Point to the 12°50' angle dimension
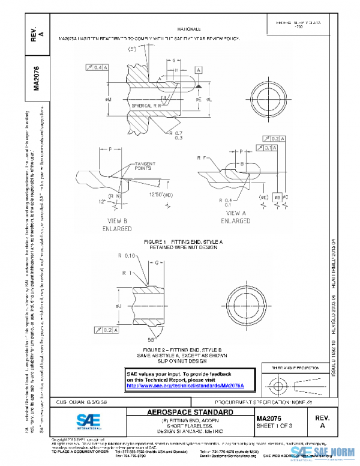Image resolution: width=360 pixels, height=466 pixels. [162, 195]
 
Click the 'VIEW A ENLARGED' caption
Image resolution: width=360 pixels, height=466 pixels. [235, 217]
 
